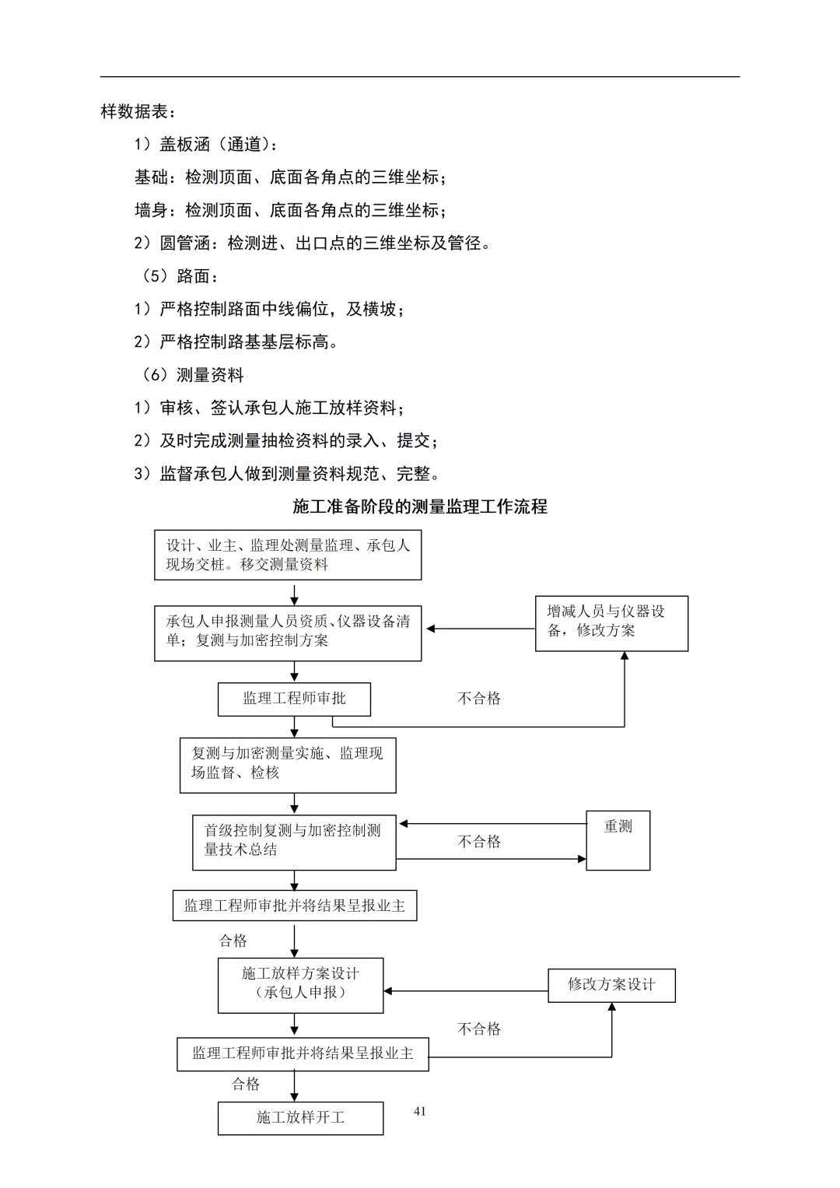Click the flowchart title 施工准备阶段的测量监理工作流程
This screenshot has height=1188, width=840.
420,507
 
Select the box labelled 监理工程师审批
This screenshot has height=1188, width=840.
294,699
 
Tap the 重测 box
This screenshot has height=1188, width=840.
618,840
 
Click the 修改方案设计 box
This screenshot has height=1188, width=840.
611,985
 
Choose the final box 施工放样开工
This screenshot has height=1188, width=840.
300,1118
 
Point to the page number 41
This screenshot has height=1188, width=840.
420,1111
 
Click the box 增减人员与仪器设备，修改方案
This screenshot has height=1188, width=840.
611,623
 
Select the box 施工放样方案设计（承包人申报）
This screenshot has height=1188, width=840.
300,985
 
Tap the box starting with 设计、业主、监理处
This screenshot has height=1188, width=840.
288,555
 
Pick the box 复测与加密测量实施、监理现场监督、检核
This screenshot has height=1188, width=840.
288,765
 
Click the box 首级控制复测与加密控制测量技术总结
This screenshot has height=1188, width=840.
294,842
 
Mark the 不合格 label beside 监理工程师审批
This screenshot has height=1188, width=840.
479,699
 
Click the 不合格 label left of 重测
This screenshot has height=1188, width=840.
479,842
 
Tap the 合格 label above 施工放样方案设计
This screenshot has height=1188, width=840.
233,941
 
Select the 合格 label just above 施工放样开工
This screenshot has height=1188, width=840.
246,1084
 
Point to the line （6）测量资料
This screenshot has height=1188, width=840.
193,375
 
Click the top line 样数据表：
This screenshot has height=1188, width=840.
138,111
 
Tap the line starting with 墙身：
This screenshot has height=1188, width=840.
291,210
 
